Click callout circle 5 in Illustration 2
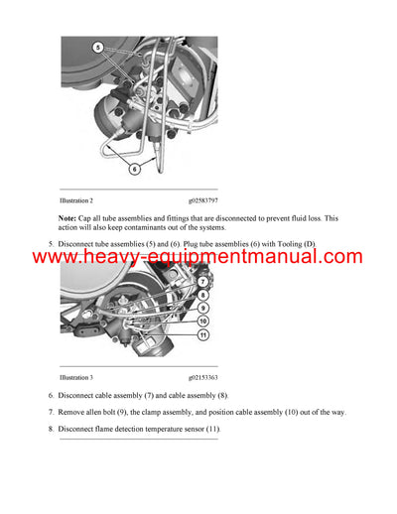[97, 48]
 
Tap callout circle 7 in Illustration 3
[201, 283]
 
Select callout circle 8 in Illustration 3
[201, 295]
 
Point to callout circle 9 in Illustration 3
[201, 308]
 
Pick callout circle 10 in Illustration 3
[201, 321]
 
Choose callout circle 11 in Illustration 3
[201, 335]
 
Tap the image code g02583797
[198, 200]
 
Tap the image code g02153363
[198, 378]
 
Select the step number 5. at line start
[51, 243]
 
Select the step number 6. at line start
[51, 395]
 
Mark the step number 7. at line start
[51, 412]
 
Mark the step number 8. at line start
[51, 429]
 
